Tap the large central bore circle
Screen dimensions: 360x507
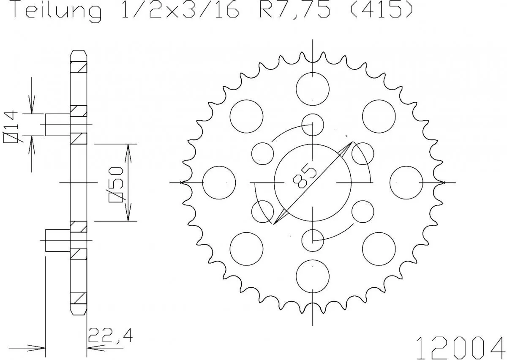pyautogui.click(x=313, y=183)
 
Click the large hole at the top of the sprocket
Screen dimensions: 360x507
pyautogui.click(x=313, y=89)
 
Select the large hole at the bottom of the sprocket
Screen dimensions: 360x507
pyautogui.click(x=313, y=276)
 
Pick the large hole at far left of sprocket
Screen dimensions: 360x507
pyautogui.click(x=219, y=183)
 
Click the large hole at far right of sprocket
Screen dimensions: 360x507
pyautogui.click(x=406, y=183)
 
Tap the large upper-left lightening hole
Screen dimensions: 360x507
pyautogui.click(x=246, y=116)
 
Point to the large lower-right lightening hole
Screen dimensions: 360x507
pyautogui.click(x=379, y=249)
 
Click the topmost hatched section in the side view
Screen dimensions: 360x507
pyautogui.click(x=78, y=66)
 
